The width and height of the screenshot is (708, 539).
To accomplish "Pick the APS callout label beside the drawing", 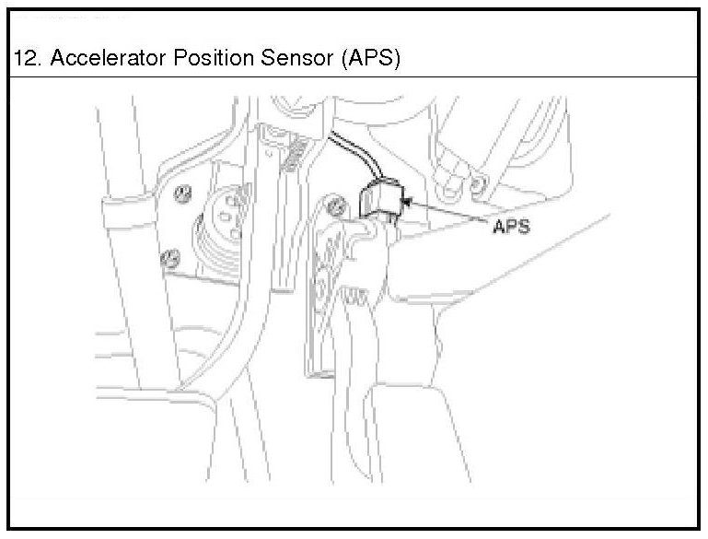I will tap(510, 225).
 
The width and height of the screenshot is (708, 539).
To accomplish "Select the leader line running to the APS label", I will tap(451, 211).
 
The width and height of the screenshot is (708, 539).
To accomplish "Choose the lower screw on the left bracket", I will tap(169, 258).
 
